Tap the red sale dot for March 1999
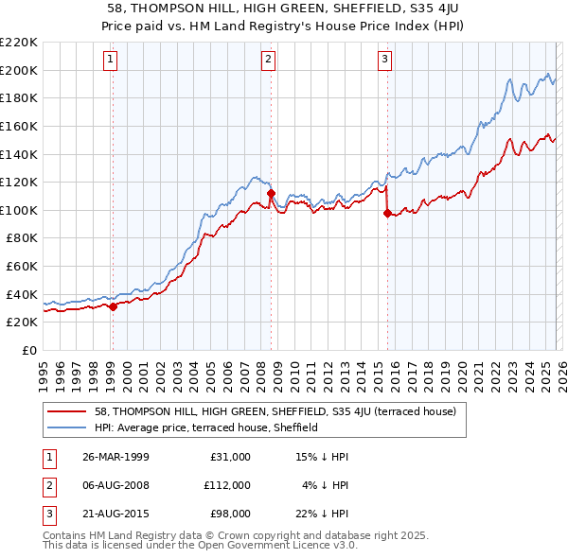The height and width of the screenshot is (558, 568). coord(113,306)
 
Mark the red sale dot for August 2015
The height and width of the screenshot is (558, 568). coord(387,213)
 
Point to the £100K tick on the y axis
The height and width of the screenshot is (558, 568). coord(20,210)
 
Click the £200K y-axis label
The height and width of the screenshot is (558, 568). coord(20,70)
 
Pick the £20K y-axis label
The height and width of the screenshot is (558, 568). coord(23,322)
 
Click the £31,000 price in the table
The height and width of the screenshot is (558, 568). coord(229,456)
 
